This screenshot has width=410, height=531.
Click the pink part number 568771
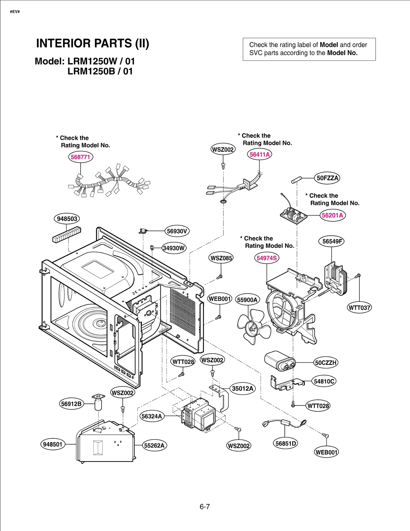pos(80,157)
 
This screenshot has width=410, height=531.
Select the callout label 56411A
pos(260,154)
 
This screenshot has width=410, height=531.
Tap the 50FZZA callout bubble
pos(327,178)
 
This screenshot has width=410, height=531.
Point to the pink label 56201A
pos(332,215)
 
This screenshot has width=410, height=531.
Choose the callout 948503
pos(67,219)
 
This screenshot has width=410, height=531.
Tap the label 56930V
pos(177,231)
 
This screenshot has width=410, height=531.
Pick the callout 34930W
pos(174,248)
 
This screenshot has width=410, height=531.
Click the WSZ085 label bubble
pos(221,258)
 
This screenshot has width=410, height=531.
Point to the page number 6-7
pos(205,506)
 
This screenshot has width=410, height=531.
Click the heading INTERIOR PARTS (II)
pos(93,43)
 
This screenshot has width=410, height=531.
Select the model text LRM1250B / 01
pos(100,71)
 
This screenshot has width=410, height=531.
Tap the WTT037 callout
pos(359,308)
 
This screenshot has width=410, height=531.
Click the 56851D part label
pos(285,443)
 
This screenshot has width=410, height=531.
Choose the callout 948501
pos(53,444)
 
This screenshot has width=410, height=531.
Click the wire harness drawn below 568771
pos(109,182)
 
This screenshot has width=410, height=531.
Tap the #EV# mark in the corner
pos(15,12)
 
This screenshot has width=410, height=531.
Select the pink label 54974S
pos(266,258)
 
